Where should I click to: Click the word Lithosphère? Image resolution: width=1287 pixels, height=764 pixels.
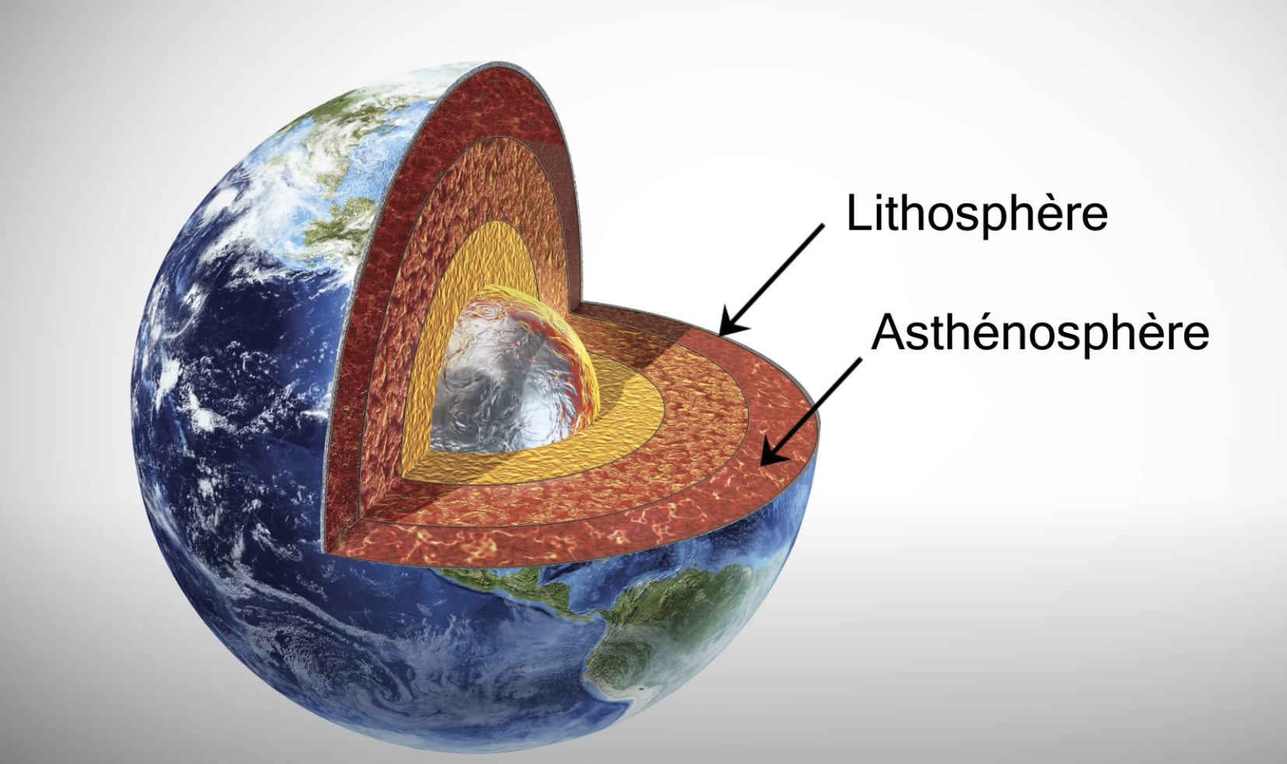[977, 214]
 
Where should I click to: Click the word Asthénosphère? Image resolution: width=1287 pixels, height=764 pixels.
[1040, 332]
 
